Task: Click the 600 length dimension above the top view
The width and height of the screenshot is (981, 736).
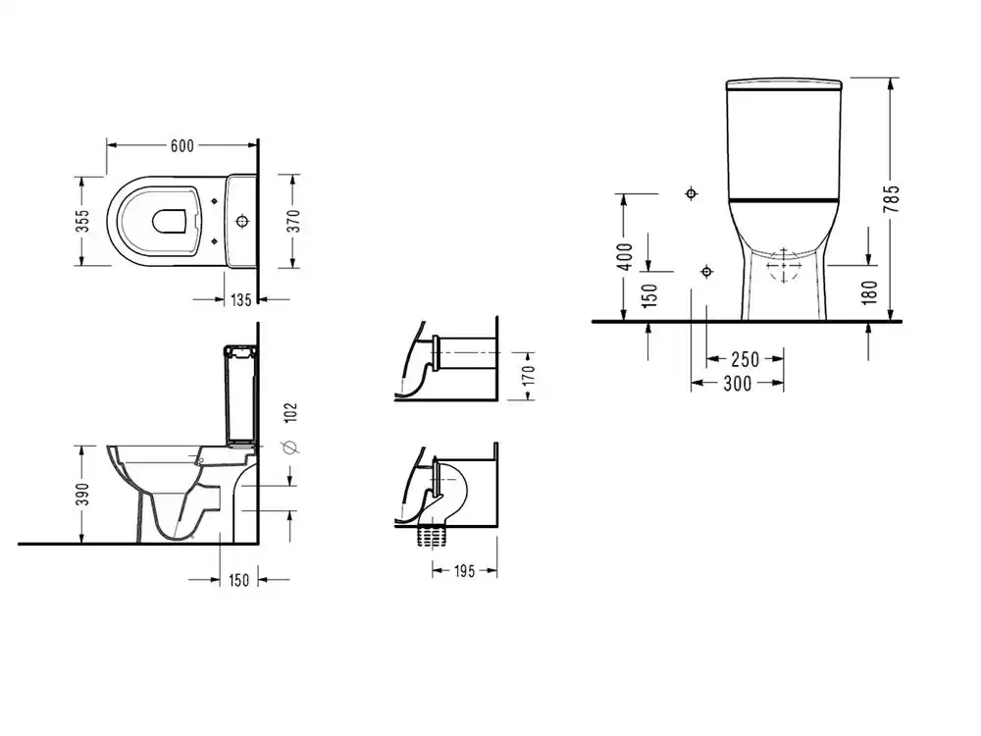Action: (182, 146)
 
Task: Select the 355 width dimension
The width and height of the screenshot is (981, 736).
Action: (82, 221)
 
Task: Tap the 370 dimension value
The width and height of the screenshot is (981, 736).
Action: (294, 221)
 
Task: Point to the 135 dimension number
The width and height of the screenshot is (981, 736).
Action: (241, 300)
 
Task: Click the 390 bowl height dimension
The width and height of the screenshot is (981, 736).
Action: (82, 494)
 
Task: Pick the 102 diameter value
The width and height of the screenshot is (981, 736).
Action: (291, 412)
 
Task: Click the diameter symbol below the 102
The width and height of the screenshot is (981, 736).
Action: (291, 447)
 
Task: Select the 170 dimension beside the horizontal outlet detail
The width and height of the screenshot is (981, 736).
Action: (529, 376)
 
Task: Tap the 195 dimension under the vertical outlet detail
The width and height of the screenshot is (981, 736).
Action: (464, 571)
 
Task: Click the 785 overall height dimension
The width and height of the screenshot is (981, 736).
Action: (892, 198)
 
